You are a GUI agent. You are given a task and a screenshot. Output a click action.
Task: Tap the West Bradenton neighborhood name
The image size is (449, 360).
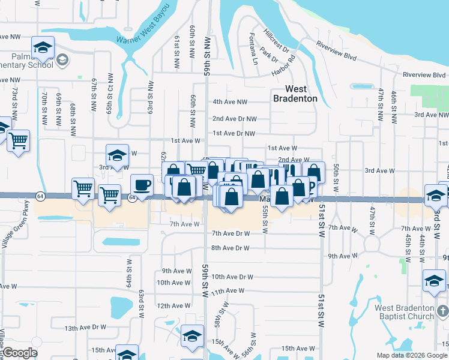295,94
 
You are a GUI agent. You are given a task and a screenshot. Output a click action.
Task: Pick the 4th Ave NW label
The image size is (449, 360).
230,102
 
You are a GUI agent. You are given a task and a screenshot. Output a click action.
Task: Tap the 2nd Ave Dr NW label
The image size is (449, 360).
234,119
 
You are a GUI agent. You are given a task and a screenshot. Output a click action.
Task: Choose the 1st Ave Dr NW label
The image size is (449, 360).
234,133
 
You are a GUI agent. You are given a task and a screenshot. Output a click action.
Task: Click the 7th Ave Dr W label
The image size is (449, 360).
230,233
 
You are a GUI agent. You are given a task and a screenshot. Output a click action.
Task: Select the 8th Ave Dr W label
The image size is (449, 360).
230,248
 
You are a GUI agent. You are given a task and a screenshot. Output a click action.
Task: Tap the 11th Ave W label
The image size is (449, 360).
228,290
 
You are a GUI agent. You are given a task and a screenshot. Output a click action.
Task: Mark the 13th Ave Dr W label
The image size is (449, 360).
85,328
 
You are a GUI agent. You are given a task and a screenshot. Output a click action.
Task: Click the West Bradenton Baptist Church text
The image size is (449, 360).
404,313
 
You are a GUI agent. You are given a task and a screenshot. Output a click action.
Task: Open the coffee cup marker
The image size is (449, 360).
142,184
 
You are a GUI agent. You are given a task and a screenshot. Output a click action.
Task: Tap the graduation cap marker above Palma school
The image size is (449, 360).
43,47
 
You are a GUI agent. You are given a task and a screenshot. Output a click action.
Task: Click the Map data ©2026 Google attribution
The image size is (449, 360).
412,355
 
